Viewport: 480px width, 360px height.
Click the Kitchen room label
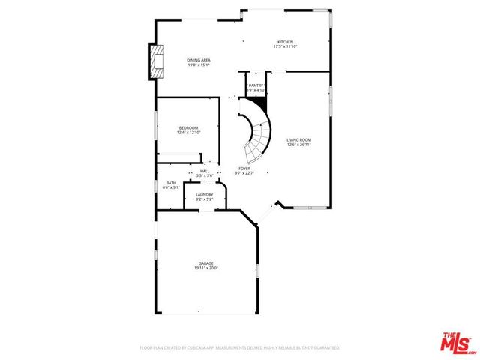285,42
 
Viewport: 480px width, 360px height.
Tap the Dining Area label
199,60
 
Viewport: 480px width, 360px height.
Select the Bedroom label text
188,127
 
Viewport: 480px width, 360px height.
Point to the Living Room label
299,140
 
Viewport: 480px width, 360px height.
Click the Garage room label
206,263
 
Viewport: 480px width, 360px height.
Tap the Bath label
171,183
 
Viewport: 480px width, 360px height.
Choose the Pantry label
256,86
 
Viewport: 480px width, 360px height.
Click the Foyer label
244,169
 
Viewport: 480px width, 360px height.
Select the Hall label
205,171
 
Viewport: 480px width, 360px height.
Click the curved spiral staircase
257,135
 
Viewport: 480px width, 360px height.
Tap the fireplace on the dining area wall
156,61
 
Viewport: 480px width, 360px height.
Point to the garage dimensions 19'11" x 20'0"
206,268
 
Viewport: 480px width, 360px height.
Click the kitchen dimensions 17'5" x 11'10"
285,46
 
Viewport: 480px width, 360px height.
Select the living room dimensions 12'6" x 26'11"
299,145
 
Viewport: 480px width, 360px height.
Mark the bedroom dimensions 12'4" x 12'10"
188,132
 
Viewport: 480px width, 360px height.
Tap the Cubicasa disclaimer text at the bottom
240,348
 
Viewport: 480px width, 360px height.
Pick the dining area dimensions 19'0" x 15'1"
199,64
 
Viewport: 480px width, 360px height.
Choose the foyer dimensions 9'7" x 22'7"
244,173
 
